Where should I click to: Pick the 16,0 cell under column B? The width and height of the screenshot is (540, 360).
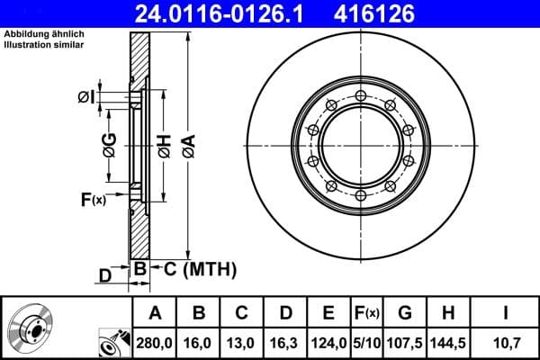pyautogui.click(x=199, y=342)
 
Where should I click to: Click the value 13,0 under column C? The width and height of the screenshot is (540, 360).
pyautogui.click(x=242, y=342)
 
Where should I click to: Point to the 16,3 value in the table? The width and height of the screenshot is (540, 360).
pyautogui.click(x=285, y=342)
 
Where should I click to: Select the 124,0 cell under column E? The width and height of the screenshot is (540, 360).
pyautogui.click(x=328, y=342)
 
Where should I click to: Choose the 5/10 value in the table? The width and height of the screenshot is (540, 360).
pyautogui.click(x=366, y=342)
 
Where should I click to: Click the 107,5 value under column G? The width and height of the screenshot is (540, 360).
pyautogui.click(x=406, y=342)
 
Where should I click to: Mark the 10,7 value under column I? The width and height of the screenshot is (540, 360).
pyautogui.click(x=507, y=342)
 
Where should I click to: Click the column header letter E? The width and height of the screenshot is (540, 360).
pyautogui.click(x=328, y=313)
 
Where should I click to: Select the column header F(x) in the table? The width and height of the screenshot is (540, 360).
pyautogui.click(x=366, y=313)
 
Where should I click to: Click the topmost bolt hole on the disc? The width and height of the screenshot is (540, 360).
pyautogui.click(x=360, y=95)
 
